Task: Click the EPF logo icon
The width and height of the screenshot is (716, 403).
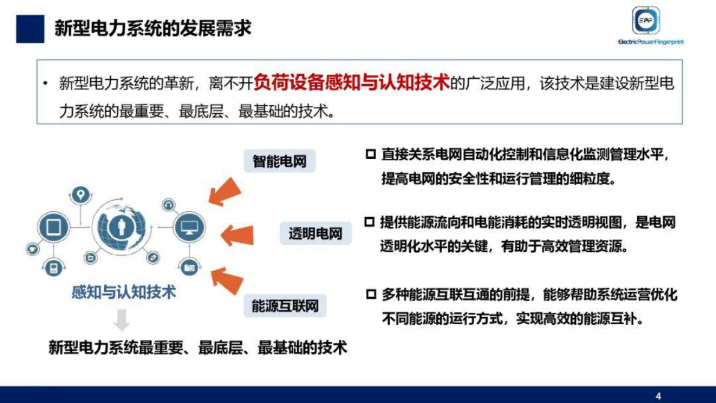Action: [x=646, y=21]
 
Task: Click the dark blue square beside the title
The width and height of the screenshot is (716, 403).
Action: [x=30, y=28]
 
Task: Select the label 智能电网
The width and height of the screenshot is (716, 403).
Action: [x=280, y=161]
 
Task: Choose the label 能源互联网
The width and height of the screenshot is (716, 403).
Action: [x=285, y=306]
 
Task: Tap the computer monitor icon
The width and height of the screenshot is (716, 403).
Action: [x=189, y=227]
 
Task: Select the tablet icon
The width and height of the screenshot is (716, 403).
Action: [x=51, y=227]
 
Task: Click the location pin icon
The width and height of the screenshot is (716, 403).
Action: [x=80, y=194]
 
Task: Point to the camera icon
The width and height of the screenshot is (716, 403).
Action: [x=190, y=267]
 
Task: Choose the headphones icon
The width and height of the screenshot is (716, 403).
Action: [x=168, y=205]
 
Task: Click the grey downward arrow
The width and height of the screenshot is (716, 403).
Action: [x=122, y=320]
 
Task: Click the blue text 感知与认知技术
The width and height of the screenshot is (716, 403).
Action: [x=123, y=293]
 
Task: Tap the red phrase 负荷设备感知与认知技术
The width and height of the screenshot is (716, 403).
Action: [x=352, y=82]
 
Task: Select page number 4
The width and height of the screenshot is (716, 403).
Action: [x=658, y=396]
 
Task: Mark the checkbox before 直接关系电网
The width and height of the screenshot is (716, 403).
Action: [x=371, y=155]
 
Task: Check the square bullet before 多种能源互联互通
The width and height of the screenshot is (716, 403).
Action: [x=371, y=295]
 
